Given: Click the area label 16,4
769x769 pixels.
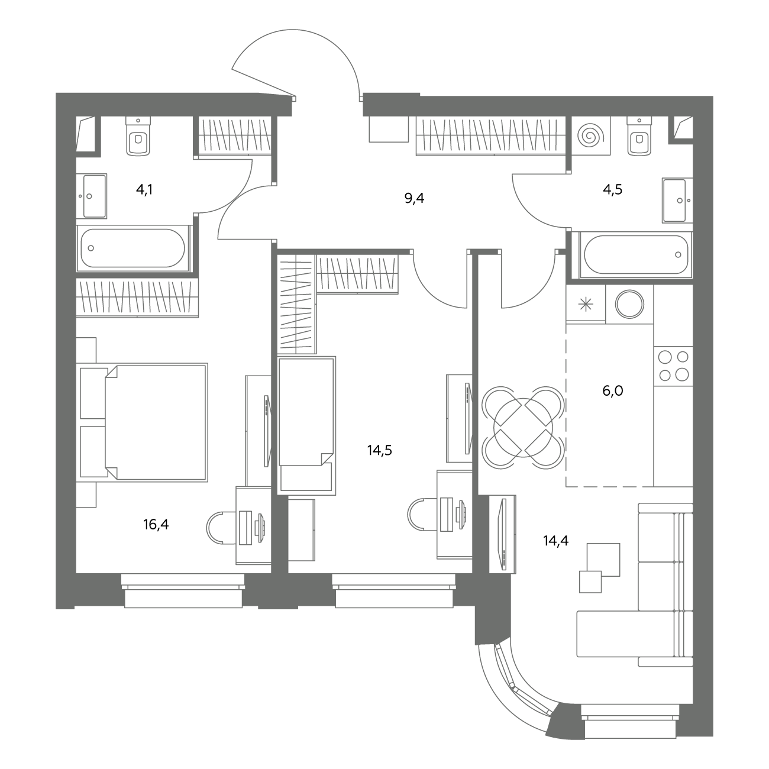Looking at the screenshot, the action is point(156,525).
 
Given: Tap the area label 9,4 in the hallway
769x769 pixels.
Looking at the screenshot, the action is point(414,198).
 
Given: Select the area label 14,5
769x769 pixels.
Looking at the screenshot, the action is point(380,451).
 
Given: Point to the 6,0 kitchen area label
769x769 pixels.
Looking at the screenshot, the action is point(613,390).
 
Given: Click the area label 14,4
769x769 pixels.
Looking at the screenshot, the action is point(555,541).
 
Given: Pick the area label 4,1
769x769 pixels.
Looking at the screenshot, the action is point(144,189).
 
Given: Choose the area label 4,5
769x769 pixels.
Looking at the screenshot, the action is point(613,189).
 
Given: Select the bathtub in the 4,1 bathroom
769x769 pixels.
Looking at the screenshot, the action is point(133,248).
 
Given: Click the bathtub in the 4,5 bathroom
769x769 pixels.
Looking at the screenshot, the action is point(636,254).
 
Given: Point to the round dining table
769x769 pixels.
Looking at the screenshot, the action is point(523,426).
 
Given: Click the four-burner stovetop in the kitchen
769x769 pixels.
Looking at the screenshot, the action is point(673,366).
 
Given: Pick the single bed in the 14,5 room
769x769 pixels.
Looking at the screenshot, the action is point(306,425).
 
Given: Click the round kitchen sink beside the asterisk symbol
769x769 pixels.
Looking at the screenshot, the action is point(630,303).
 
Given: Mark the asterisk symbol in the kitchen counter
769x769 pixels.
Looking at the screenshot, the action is point(586,305).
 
